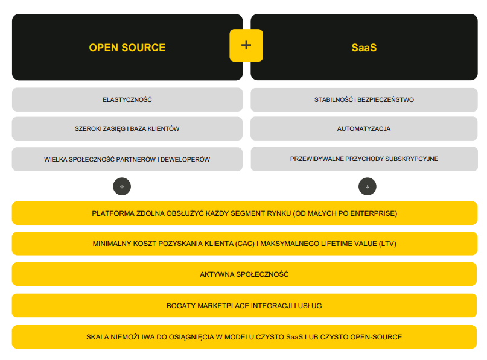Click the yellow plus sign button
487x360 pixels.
(246, 45)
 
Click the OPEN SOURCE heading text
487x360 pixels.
(127, 48)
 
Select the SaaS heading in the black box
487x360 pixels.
(364, 48)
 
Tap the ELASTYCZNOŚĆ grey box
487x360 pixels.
(127, 99)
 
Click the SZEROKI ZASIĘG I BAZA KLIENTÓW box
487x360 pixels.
(127, 129)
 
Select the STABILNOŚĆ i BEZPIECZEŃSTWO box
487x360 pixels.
(364, 99)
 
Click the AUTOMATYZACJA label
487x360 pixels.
(364, 129)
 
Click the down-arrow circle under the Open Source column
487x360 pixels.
(122, 186)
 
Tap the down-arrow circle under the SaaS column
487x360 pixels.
(367, 186)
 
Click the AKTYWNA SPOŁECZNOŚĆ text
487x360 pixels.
(244, 275)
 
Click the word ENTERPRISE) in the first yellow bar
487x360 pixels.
(375, 213)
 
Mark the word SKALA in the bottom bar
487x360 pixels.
(98, 337)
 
